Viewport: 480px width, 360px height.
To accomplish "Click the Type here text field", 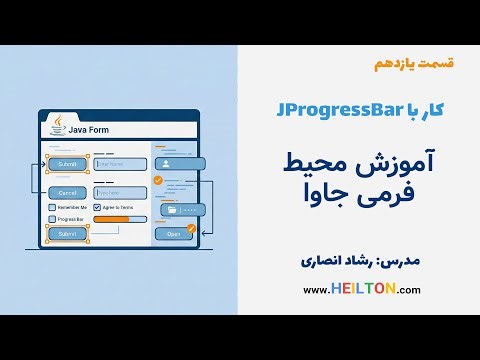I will click(x=119, y=192).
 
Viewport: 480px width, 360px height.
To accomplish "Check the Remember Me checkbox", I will click(x=53, y=206).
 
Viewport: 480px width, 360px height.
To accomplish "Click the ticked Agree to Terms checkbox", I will click(x=98, y=206).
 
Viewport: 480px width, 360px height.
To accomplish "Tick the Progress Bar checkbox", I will click(x=53, y=218).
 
